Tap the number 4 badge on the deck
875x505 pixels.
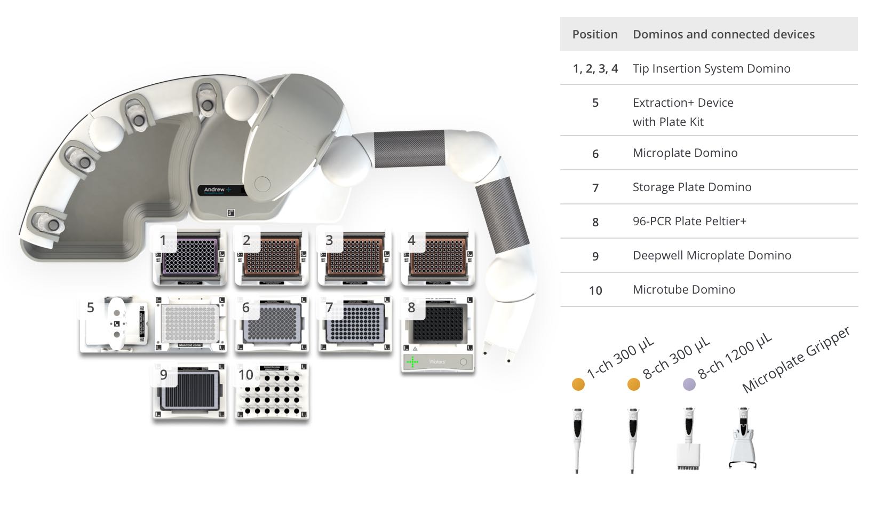click(x=411, y=240)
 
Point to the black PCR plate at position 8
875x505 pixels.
click(x=438, y=325)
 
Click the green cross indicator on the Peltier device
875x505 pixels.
click(x=412, y=362)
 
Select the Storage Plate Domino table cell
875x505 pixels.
click(x=692, y=187)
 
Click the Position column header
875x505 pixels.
click(x=595, y=34)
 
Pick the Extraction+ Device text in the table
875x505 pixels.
click(x=683, y=102)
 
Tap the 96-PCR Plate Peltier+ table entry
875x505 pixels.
click(x=689, y=221)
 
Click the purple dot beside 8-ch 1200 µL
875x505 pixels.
click(x=689, y=384)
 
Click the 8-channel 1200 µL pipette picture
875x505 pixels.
click(x=688, y=440)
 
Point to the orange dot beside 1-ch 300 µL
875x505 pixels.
click(x=578, y=384)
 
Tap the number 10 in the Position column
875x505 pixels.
click(x=595, y=290)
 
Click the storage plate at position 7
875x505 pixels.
click(x=355, y=324)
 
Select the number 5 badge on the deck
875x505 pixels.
click(x=91, y=307)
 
